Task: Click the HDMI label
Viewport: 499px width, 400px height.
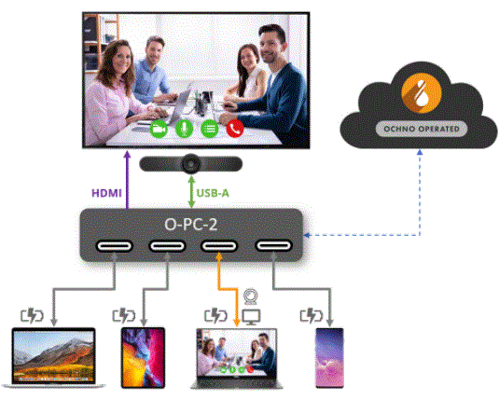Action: click(x=106, y=193)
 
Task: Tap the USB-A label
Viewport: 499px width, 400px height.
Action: click(x=213, y=193)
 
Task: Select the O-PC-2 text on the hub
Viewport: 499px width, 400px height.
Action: click(x=191, y=225)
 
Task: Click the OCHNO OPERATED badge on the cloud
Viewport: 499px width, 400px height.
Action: click(x=422, y=129)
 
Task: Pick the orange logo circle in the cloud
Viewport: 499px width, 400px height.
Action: click(x=422, y=92)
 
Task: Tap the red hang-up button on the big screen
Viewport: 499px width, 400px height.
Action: click(x=235, y=129)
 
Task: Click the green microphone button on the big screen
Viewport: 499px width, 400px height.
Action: click(x=185, y=129)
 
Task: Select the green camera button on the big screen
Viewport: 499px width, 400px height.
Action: click(x=159, y=129)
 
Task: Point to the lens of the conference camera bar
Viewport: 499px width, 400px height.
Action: click(x=190, y=164)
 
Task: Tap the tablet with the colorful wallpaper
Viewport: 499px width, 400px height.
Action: click(x=144, y=358)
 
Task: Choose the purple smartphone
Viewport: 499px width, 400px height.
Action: click(x=329, y=358)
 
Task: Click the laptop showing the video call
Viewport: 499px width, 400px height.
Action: click(x=237, y=359)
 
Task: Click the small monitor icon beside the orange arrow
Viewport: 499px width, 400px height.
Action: click(x=252, y=317)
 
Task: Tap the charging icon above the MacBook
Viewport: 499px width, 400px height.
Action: click(x=32, y=316)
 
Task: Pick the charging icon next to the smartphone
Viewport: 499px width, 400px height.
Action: click(x=312, y=316)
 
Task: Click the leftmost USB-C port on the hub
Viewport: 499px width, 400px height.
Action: click(x=114, y=246)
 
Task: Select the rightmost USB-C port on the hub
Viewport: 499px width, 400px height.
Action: click(x=273, y=245)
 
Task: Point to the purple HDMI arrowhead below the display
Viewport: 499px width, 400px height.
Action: click(x=127, y=154)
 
